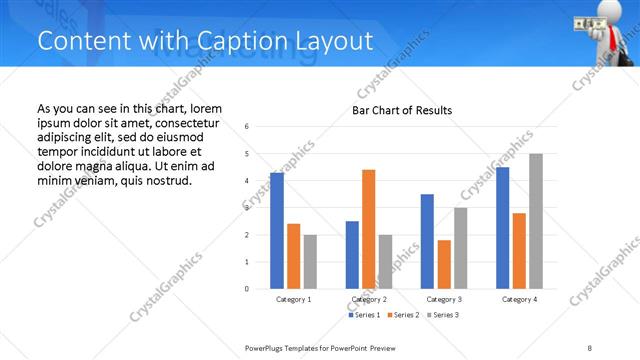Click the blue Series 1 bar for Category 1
pyautogui.click(x=277, y=231)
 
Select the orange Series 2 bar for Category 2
pyautogui.click(x=369, y=229)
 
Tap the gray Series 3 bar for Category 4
pyautogui.click(x=536, y=221)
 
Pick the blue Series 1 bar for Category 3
pyautogui.click(x=427, y=241)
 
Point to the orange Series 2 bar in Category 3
pyautogui.click(x=444, y=264)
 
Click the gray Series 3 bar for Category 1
pyautogui.click(x=310, y=262)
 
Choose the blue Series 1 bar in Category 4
pyautogui.click(x=502, y=228)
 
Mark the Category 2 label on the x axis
pyautogui.click(x=369, y=299)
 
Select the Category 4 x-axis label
pyautogui.click(x=519, y=299)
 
